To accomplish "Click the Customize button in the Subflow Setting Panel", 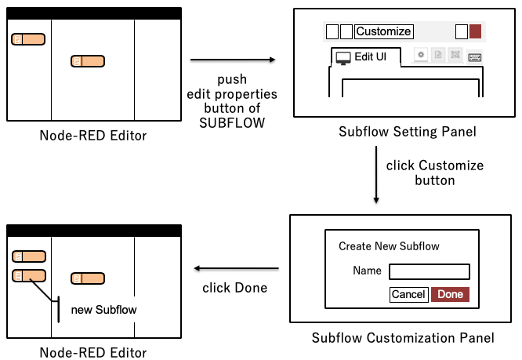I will click(x=383, y=31).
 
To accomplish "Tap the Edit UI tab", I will click(x=365, y=56).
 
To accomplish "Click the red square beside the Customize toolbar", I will click(x=476, y=31).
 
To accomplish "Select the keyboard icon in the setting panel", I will click(x=474, y=56).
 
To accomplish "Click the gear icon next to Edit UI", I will click(x=421, y=56).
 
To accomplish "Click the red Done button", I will click(x=450, y=294).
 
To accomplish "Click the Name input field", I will click(x=429, y=271).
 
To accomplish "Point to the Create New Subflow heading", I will click(x=389, y=246).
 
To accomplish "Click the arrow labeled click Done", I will click(x=236, y=268).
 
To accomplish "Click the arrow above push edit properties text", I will click(x=233, y=60).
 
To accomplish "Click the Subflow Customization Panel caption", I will click(x=403, y=338).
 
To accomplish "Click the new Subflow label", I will click(x=103, y=310).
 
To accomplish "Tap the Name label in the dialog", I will click(x=368, y=271).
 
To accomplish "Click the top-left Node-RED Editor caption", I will click(x=93, y=136).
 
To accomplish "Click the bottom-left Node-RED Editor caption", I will click(x=93, y=353).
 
